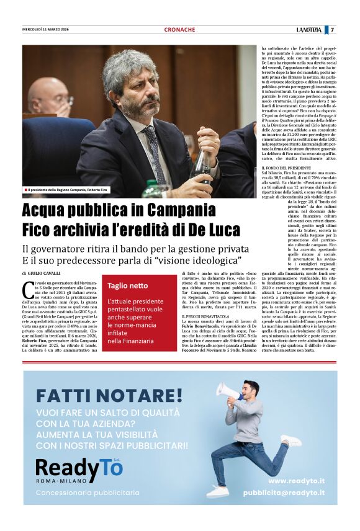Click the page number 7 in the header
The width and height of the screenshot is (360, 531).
coord(333,30)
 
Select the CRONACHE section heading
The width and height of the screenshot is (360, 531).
coord(179,30)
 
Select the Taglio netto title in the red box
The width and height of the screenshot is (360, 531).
coord(127,286)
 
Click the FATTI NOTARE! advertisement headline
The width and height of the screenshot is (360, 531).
coord(109,395)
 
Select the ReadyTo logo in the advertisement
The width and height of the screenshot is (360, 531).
coord(79,468)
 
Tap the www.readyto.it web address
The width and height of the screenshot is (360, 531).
coord(296,480)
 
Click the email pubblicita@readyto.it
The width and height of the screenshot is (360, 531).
coord(283,493)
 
